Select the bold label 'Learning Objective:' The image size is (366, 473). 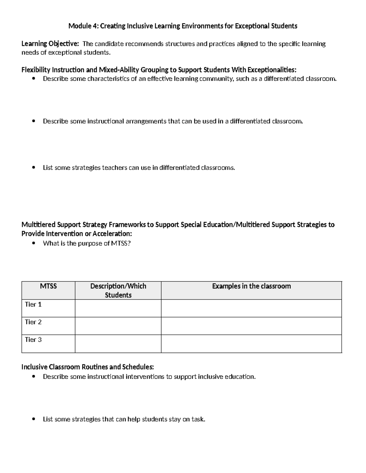50,44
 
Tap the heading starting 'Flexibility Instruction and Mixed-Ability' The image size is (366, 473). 159,70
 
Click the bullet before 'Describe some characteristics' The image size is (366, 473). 34,79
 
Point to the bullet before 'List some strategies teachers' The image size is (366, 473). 34,168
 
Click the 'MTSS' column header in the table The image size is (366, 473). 48,286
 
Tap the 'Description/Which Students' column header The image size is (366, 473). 118,290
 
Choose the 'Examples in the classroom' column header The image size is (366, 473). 251,286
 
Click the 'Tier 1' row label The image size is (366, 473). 33,304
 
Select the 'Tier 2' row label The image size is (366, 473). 33,322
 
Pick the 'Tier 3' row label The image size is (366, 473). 33,340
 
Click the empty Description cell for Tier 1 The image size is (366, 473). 118,308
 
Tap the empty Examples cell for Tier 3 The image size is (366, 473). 251,344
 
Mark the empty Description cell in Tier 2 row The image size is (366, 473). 118,326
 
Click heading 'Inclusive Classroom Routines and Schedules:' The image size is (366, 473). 88,367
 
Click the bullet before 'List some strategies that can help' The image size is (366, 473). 34,419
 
